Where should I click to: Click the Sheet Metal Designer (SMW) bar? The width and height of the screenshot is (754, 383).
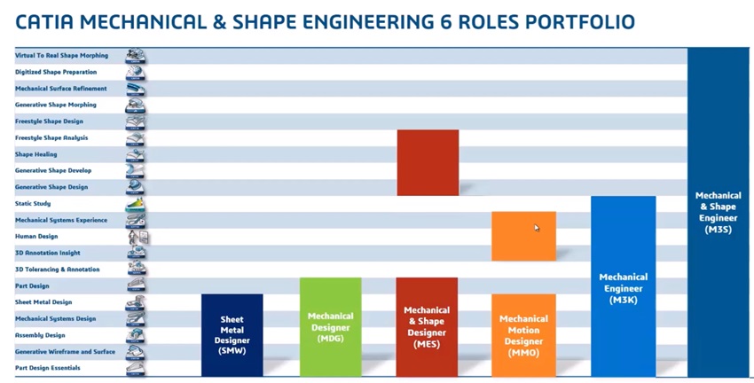(x=232, y=335)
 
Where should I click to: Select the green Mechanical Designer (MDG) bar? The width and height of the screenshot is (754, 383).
(x=330, y=327)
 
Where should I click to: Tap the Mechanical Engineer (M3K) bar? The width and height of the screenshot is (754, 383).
(x=624, y=286)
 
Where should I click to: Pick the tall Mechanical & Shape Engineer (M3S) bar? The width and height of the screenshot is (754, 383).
(x=718, y=213)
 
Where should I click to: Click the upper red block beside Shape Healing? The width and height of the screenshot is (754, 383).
(x=428, y=162)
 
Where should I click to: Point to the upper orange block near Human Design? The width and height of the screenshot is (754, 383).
(x=523, y=236)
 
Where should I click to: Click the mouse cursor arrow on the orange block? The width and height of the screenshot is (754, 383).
(x=537, y=228)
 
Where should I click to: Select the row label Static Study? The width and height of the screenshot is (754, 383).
(x=33, y=204)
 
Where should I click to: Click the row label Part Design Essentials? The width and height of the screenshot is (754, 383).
(x=48, y=368)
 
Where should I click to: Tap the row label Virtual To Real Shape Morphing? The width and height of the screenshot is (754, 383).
(x=61, y=55)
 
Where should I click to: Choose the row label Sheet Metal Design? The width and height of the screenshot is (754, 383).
(x=43, y=302)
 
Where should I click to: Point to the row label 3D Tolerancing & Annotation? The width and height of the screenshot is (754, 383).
(x=58, y=270)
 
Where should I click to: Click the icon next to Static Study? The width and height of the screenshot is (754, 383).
(x=135, y=204)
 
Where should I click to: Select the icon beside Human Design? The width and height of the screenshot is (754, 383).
(x=138, y=237)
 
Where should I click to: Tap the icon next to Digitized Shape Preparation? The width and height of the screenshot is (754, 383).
(x=135, y=73)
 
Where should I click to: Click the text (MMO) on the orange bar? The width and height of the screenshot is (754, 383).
(x=523, y=353)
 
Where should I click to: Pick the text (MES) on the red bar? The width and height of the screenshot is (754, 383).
(x=427, y=344)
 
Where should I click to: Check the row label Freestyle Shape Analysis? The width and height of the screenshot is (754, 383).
(x=51, y=138)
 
